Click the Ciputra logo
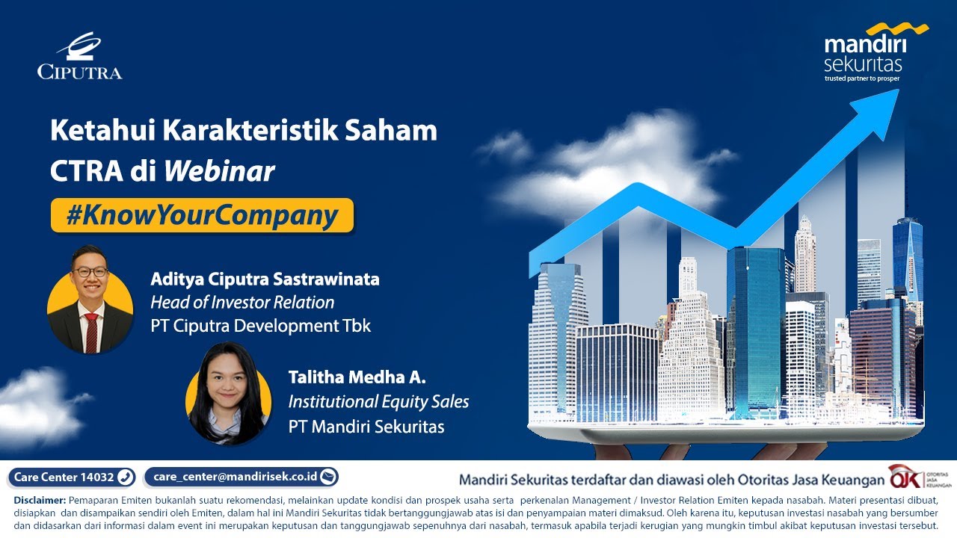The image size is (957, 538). (x=79, y=56)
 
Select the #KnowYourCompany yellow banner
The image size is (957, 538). (x=202, y=215)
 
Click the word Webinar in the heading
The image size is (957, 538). (x=219, y=172)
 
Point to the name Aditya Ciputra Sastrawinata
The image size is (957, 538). (x=265, y=279)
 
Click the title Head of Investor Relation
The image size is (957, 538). (x=242, y=303)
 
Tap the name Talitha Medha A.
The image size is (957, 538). (x=357, y=378)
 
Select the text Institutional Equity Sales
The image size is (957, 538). (x=378, y=402)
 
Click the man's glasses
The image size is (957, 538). (x=90, y=272)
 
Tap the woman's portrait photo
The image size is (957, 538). (x=228, y=394)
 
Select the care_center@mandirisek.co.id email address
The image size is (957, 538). (x=241, y=477)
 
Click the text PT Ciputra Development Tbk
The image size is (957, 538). (x=260, y=326)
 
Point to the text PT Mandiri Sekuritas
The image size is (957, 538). (x=366, y=427)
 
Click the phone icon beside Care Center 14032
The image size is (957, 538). (x=125, y=477)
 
